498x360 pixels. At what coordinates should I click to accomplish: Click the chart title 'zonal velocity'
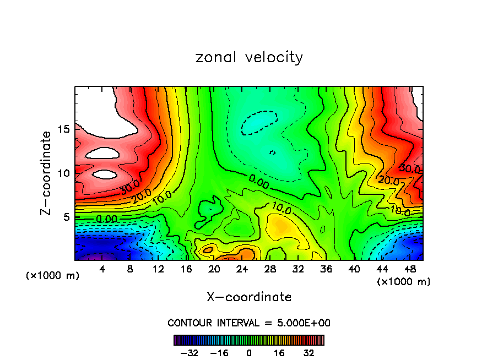[249, 57]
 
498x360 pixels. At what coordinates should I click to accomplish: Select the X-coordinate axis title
[249, 297]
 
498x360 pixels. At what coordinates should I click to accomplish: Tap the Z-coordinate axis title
[46, 173]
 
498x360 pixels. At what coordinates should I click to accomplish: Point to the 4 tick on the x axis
[102, 270]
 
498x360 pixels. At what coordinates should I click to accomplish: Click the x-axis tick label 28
[269, 270]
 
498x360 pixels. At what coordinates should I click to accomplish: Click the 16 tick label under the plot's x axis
[186, 270]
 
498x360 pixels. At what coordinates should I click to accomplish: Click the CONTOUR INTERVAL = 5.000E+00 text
[249, 323]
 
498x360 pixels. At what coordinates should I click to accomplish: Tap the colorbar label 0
[249, 353]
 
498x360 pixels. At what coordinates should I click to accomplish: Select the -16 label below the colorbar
[219, 353]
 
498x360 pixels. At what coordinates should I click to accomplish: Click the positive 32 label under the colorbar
[308, 353]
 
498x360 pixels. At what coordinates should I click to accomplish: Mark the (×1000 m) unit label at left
[53, 276]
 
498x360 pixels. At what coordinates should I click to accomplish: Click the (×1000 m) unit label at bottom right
[404, 282]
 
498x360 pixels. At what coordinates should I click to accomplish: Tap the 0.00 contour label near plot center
[258, 182]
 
